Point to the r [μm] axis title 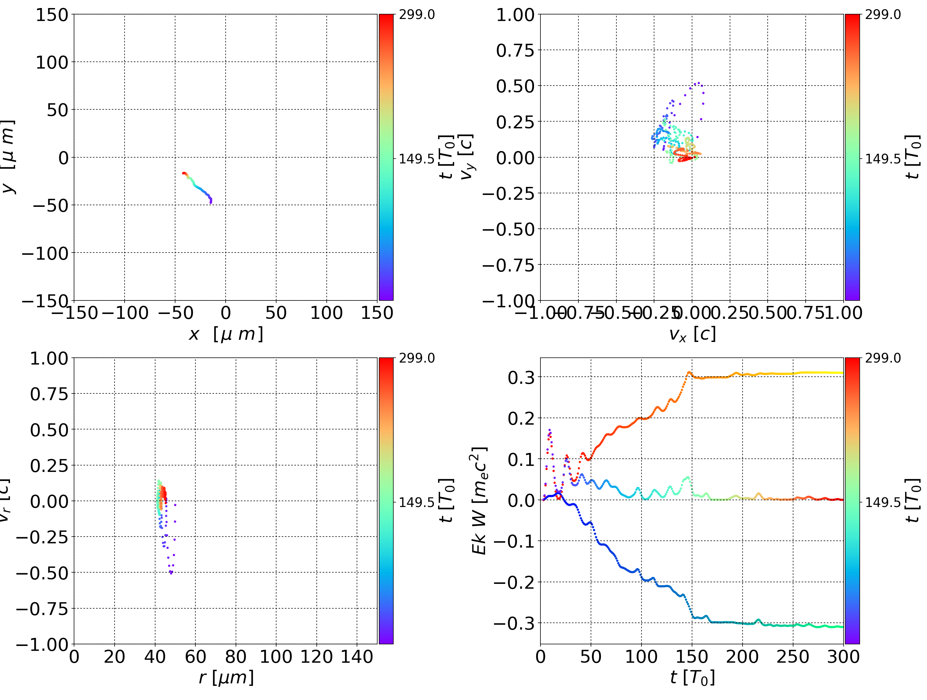coord(226,677)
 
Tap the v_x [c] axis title coord(692,334)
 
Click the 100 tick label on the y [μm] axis coord(51,62)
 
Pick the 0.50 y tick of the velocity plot coord(515,86)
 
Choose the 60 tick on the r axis coord(195,657)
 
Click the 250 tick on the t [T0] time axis coord(792,657)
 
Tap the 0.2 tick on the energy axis coord(521,418)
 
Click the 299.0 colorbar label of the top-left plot coord(417,15)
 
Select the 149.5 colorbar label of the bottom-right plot coord(883,502)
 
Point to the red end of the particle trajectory coord(183,173)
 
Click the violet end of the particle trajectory coord(211,202)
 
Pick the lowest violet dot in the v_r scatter coord(171,573)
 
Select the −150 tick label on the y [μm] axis coord(45,301)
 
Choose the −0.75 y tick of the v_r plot coord(42,609)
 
